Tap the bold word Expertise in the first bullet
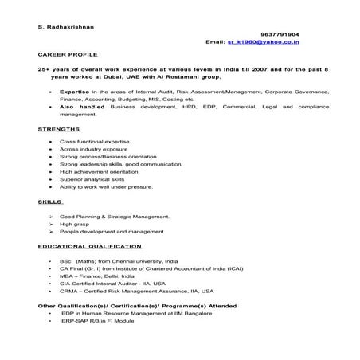tap(74, 92)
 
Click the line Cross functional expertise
tap(95, 141)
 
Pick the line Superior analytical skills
tap(97, 180)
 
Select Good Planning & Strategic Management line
tap(114, 217)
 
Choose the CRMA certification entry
tap(136, 291)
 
